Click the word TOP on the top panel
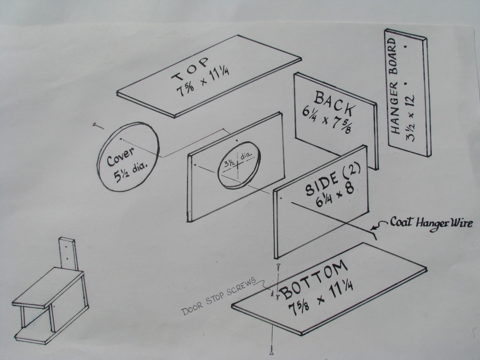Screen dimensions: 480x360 pyautogui.click(x=190, y=69)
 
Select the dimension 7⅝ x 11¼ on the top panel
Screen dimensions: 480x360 pyautogui.click(x=203, y=82)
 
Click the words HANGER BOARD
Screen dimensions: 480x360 pyautogui.click(x=394, y=86)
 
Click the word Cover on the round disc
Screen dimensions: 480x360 pyautogui.click(x=120, y=157)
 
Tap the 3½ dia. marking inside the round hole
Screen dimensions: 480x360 pyautogui.click(x=238, y=160)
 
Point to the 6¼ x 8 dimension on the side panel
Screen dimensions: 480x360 pyautogui.click(x=335, y=195)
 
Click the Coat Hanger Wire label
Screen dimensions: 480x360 pyautogui.click(x=431, y=224)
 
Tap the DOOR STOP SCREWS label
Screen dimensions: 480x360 pyautogui.click(x=218, y=296)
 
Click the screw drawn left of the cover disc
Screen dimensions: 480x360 pyautogui.click(x=98, y=126)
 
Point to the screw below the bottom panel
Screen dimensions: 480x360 pyautogui.click(x=271, y=350)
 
